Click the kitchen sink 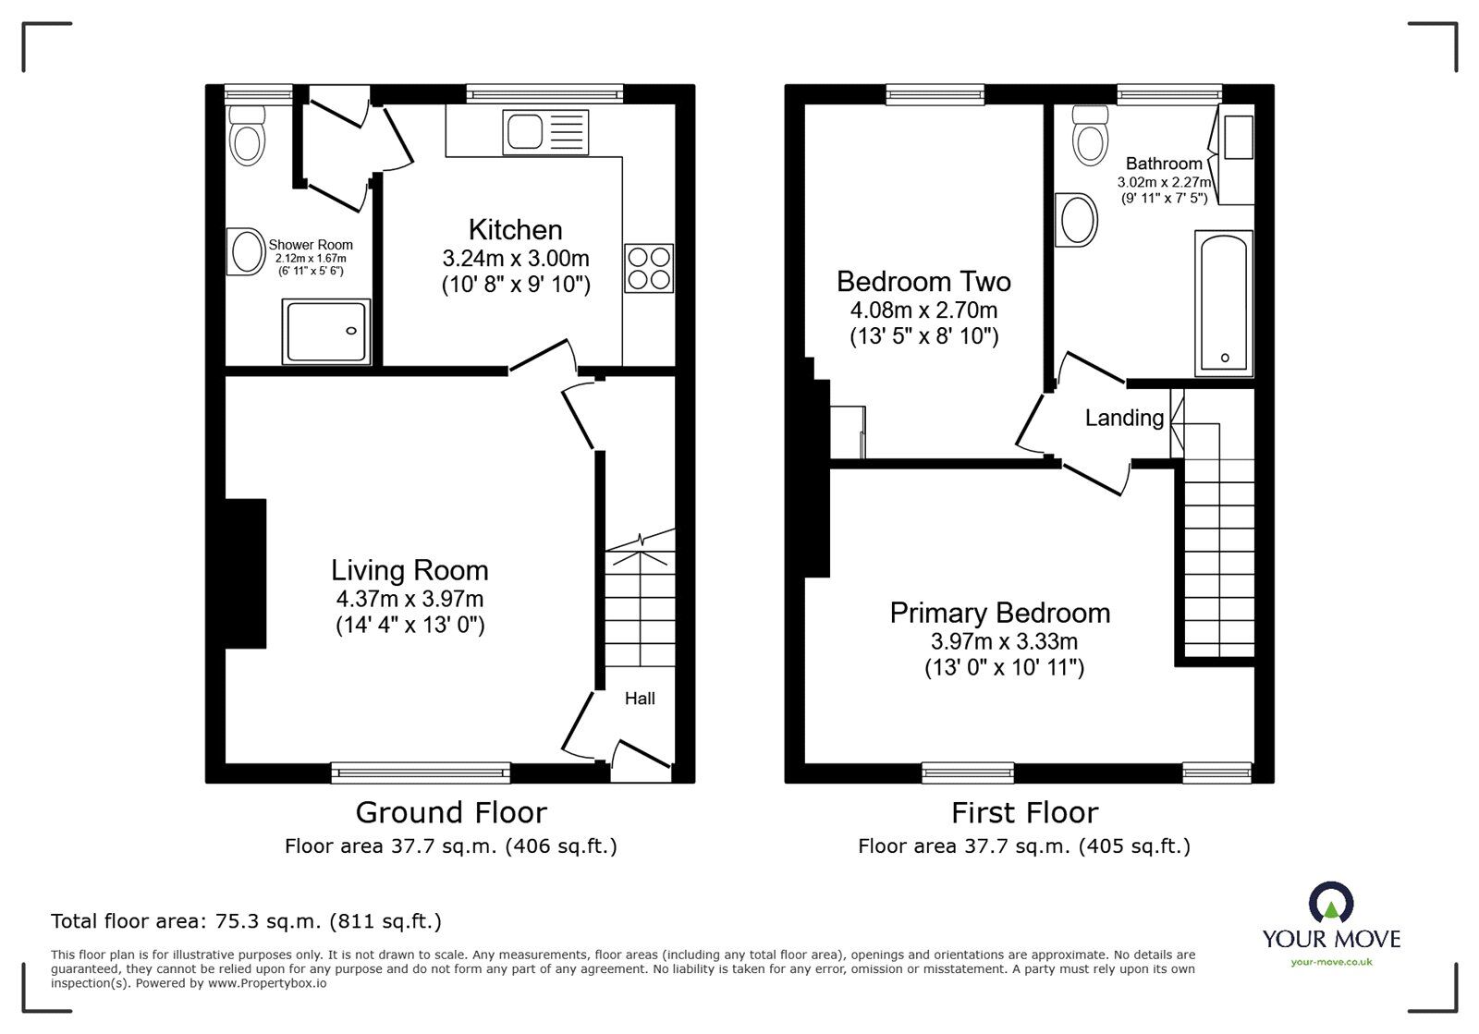click(x=545, y=131)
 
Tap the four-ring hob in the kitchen click(x=649, y=268)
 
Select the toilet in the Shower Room click(x=247, y=137)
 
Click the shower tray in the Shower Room click(x=326, y=331)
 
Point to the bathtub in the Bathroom click(x=1223, y=303)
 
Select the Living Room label click(x=409, y=570)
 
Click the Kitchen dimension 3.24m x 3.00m click(x=515, y=259)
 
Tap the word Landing click(x=1124, y=418)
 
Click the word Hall click(x=640, y=699)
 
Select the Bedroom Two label click(x=923, y=281)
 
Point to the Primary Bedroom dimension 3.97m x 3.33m click(x=1004, y=640)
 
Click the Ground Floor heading click(x=451, y=812)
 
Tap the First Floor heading click(x=1024, y=812)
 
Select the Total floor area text click(x=246, y=921)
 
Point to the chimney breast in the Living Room click(x=246, y=573)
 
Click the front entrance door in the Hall click(x=642, y=754)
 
